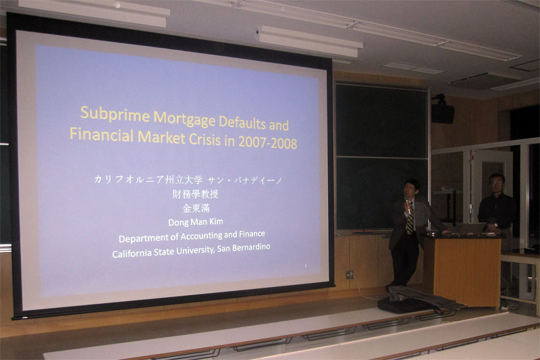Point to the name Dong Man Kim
pos(196,222)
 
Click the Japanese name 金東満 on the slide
pos(196,209)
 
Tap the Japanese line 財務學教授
pos(195,195)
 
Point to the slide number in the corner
pos(306,265)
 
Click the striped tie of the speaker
pos(410,220)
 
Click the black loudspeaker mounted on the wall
pos(442,113)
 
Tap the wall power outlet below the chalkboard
pos(350,275)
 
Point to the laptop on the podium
pos(469,228)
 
